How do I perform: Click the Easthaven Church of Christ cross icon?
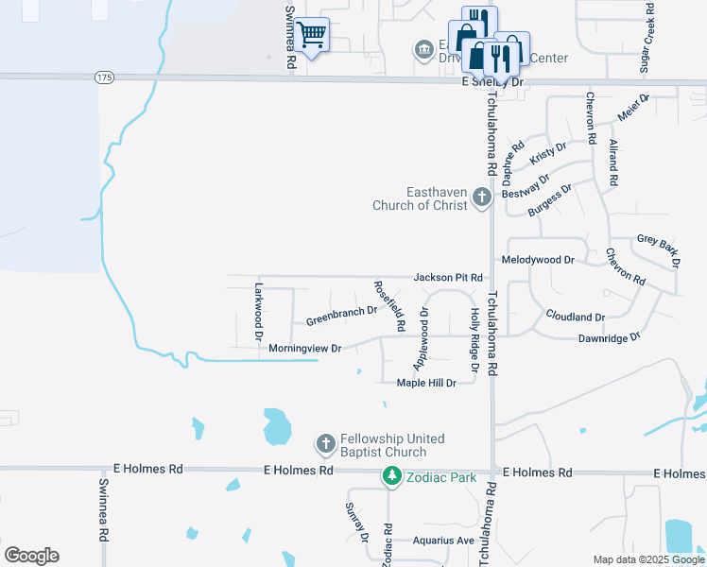(x=482, y=198)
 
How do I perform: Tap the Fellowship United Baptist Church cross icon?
(x=325, y=443)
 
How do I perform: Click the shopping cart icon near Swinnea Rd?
(x=311, y=36)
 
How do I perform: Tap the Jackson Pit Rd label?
(x=448, y=278)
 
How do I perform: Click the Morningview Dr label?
(x=304, y=349)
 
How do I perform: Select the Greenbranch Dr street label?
(x=341, y=316)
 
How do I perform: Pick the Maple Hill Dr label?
(x=426, y=383)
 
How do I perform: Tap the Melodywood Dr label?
(x=539, y=259)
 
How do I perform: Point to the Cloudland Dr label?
(x=575, y=317)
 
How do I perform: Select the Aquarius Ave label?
(x=442, y=541)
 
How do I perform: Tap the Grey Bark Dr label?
(x=659, y=245)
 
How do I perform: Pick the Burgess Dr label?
(x=550, y=200)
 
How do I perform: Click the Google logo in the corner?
(x=31, y=556)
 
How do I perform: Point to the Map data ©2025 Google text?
(x=648, y=559)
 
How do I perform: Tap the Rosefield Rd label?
(x=389, y=305)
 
